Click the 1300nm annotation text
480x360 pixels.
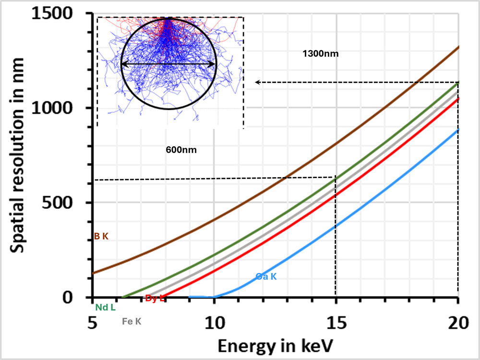tap(321, 54)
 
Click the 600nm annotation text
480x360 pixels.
tap(180, 150)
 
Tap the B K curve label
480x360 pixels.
tap(101, 236)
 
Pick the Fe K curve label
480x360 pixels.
tap(132, 322)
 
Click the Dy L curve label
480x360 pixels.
tap(155, 298)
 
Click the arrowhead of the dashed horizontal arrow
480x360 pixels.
tap(257, 82)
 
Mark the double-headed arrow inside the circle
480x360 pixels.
tap(168, 64)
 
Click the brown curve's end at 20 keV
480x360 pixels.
tap(458, 47)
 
